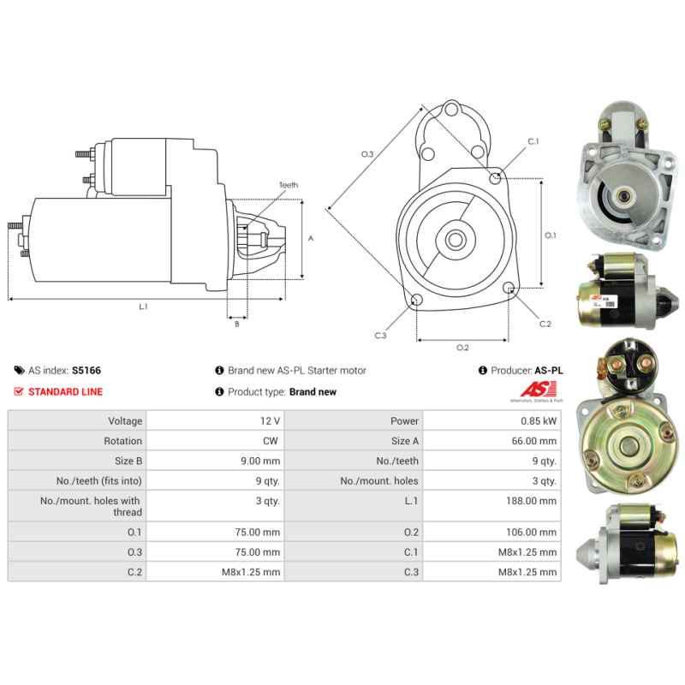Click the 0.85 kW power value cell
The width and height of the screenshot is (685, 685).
[539, 420]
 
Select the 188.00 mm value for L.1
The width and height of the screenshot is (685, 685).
[531, 501]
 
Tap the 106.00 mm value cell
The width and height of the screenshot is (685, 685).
[531, 532]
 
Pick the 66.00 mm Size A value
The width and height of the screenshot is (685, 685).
[533, 441]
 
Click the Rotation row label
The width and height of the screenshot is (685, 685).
[122, 441]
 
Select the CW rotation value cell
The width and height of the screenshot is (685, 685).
[271, 441]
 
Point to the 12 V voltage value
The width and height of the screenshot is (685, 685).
[270, 420]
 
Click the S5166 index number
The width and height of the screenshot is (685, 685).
[86, 371]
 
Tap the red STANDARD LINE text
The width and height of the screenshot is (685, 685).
[66, 392]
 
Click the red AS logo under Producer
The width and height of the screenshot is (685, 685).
[539, 390]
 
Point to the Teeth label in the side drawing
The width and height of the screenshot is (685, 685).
[289, 185]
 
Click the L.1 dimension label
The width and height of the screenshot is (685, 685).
[143, 307]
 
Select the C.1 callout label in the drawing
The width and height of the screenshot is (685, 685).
[533, 141]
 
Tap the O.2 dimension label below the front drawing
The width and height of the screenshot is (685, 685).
[462, 348]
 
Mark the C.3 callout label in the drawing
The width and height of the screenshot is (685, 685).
[380, 336]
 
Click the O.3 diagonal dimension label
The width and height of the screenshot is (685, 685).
[367, 154]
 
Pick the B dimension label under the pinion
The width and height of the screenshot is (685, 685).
[237, 325]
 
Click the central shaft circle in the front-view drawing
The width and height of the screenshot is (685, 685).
[456, 240]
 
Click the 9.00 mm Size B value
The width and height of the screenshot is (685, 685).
[260, 461]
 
